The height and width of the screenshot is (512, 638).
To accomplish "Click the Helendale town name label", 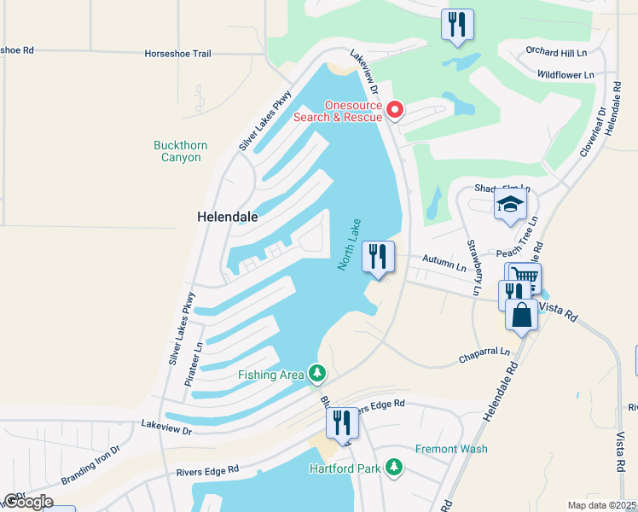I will (x=228, y=218).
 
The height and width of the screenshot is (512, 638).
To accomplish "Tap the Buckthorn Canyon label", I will (x=180, y=151).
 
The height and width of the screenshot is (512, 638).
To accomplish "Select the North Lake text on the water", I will (x=350, y=244).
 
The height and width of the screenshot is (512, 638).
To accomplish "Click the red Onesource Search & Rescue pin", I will (x=394, y=109).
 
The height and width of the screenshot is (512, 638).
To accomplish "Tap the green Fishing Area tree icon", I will (x=317, y=374).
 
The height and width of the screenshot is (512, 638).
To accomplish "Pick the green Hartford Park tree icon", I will (x=393, y=468).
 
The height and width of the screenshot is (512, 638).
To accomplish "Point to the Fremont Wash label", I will (x=451, y=449).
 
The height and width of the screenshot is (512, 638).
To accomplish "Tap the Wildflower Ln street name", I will (x=565, y=75).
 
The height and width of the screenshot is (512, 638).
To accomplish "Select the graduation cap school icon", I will (x=510, y=205).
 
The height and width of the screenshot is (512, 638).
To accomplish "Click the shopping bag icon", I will (x=521, y=314).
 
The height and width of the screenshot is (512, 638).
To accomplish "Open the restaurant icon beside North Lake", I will (x=378, y=256).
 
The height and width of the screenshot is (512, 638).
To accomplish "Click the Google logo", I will (x=28, y=502).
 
